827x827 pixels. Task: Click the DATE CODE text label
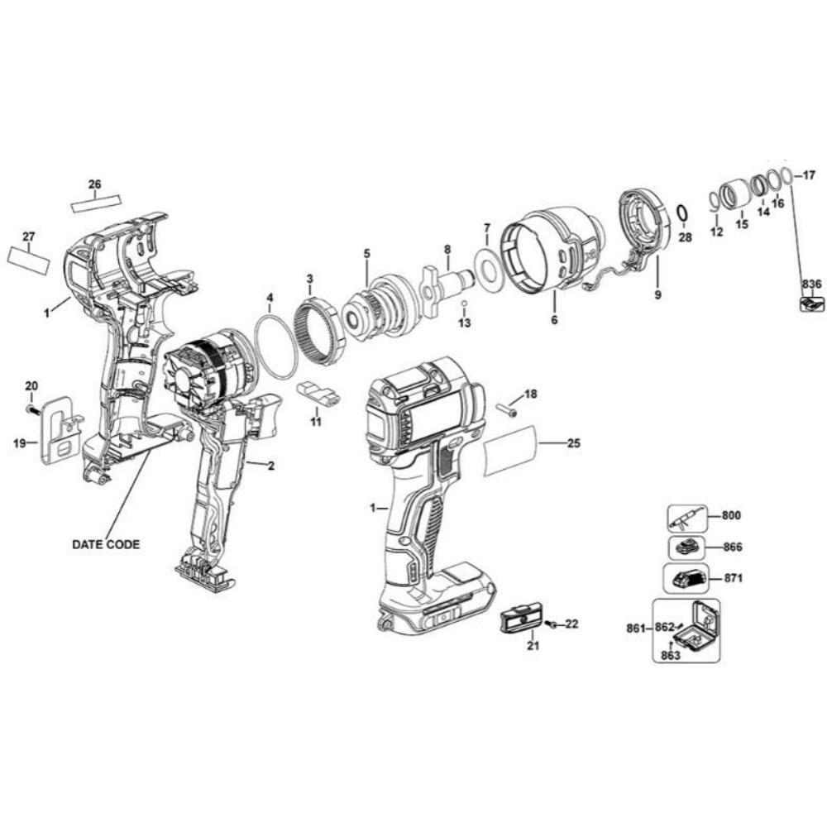[x=106, y=544]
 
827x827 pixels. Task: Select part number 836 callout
[x=812, y=284]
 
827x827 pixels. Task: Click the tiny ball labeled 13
[x=464, y=304]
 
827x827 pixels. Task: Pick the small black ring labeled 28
[x=681, y=215]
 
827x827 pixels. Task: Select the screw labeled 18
[x=506, y=410]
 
